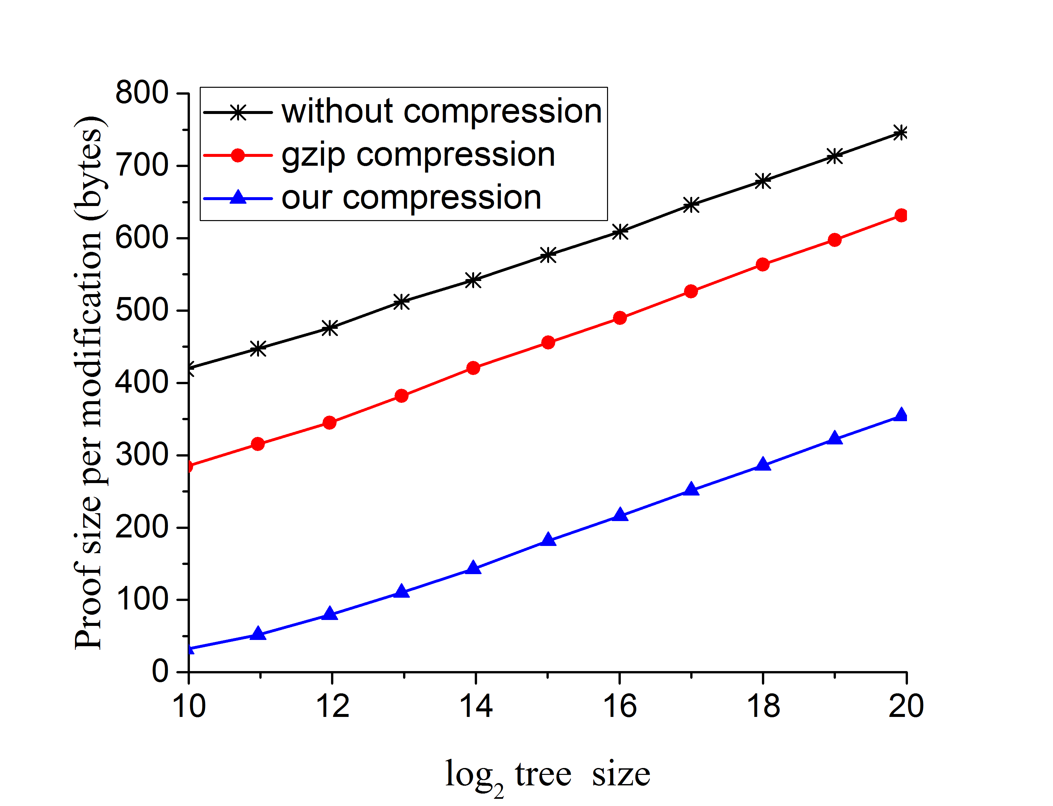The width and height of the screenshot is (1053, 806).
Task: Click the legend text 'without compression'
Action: coord(441,112)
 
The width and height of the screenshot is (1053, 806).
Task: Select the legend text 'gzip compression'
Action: coord(418,155)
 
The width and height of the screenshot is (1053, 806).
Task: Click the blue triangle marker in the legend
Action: coord(238,198)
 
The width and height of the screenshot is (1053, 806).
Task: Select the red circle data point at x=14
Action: coord(473,368)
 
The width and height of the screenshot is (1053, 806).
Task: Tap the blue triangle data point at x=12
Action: coord(329,614)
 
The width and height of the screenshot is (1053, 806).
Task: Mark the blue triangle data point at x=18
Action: coord(763,465)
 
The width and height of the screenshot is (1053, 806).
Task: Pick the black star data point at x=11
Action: coord(258,349)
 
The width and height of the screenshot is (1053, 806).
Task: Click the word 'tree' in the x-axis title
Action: coord(543,774)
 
